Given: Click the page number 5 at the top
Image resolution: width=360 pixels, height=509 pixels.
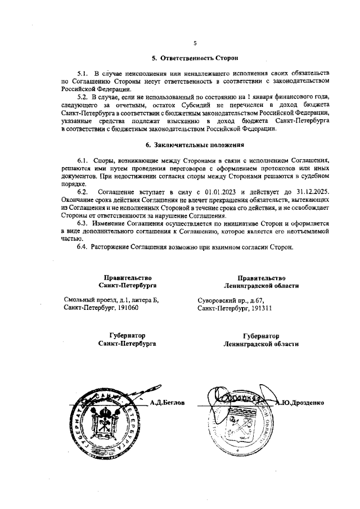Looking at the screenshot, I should (195, 43).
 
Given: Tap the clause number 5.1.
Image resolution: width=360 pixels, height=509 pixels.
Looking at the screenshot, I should (83, 74).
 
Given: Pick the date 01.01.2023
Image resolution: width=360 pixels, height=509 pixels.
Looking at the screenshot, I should (206, 192).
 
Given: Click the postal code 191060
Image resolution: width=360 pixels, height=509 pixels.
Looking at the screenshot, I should (127, 309).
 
